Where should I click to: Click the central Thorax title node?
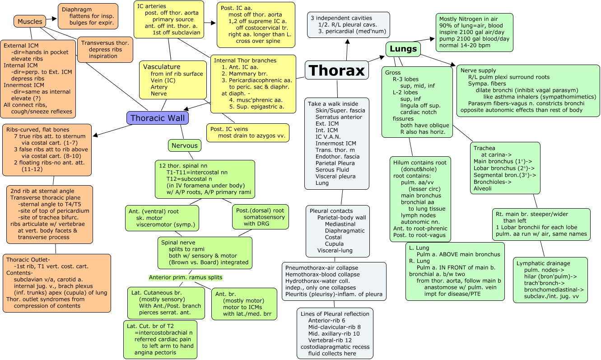coord(336,70)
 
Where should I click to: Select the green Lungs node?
coord(403,49)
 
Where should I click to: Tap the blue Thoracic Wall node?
coord(157,118)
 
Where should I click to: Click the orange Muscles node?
coord(30,21)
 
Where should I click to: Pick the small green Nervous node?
coord(184,145)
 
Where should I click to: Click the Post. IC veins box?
coord(247,132)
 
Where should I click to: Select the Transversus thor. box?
coord(105,49)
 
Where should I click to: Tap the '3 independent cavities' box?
coord(348,24)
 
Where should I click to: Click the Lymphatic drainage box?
coord(550,280)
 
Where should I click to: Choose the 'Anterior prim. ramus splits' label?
coord(186,277)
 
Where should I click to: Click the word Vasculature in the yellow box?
coord(162,67)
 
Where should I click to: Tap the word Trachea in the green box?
coord(484,148)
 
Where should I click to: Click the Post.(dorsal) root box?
coord(260,217)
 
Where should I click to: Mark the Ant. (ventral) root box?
coord(162,218)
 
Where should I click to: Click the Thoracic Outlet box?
coord(56,283)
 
